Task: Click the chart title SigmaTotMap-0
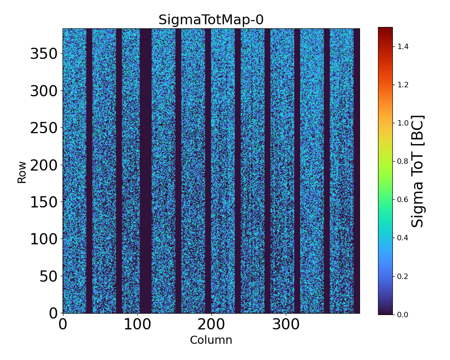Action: [x=211, y=20]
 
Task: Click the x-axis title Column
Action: [x=211, y=340]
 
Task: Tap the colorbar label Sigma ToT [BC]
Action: [x=418, y=171]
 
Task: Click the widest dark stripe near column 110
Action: [x=145, y=171]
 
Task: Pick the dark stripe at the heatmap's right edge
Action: [x=356, y=171]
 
